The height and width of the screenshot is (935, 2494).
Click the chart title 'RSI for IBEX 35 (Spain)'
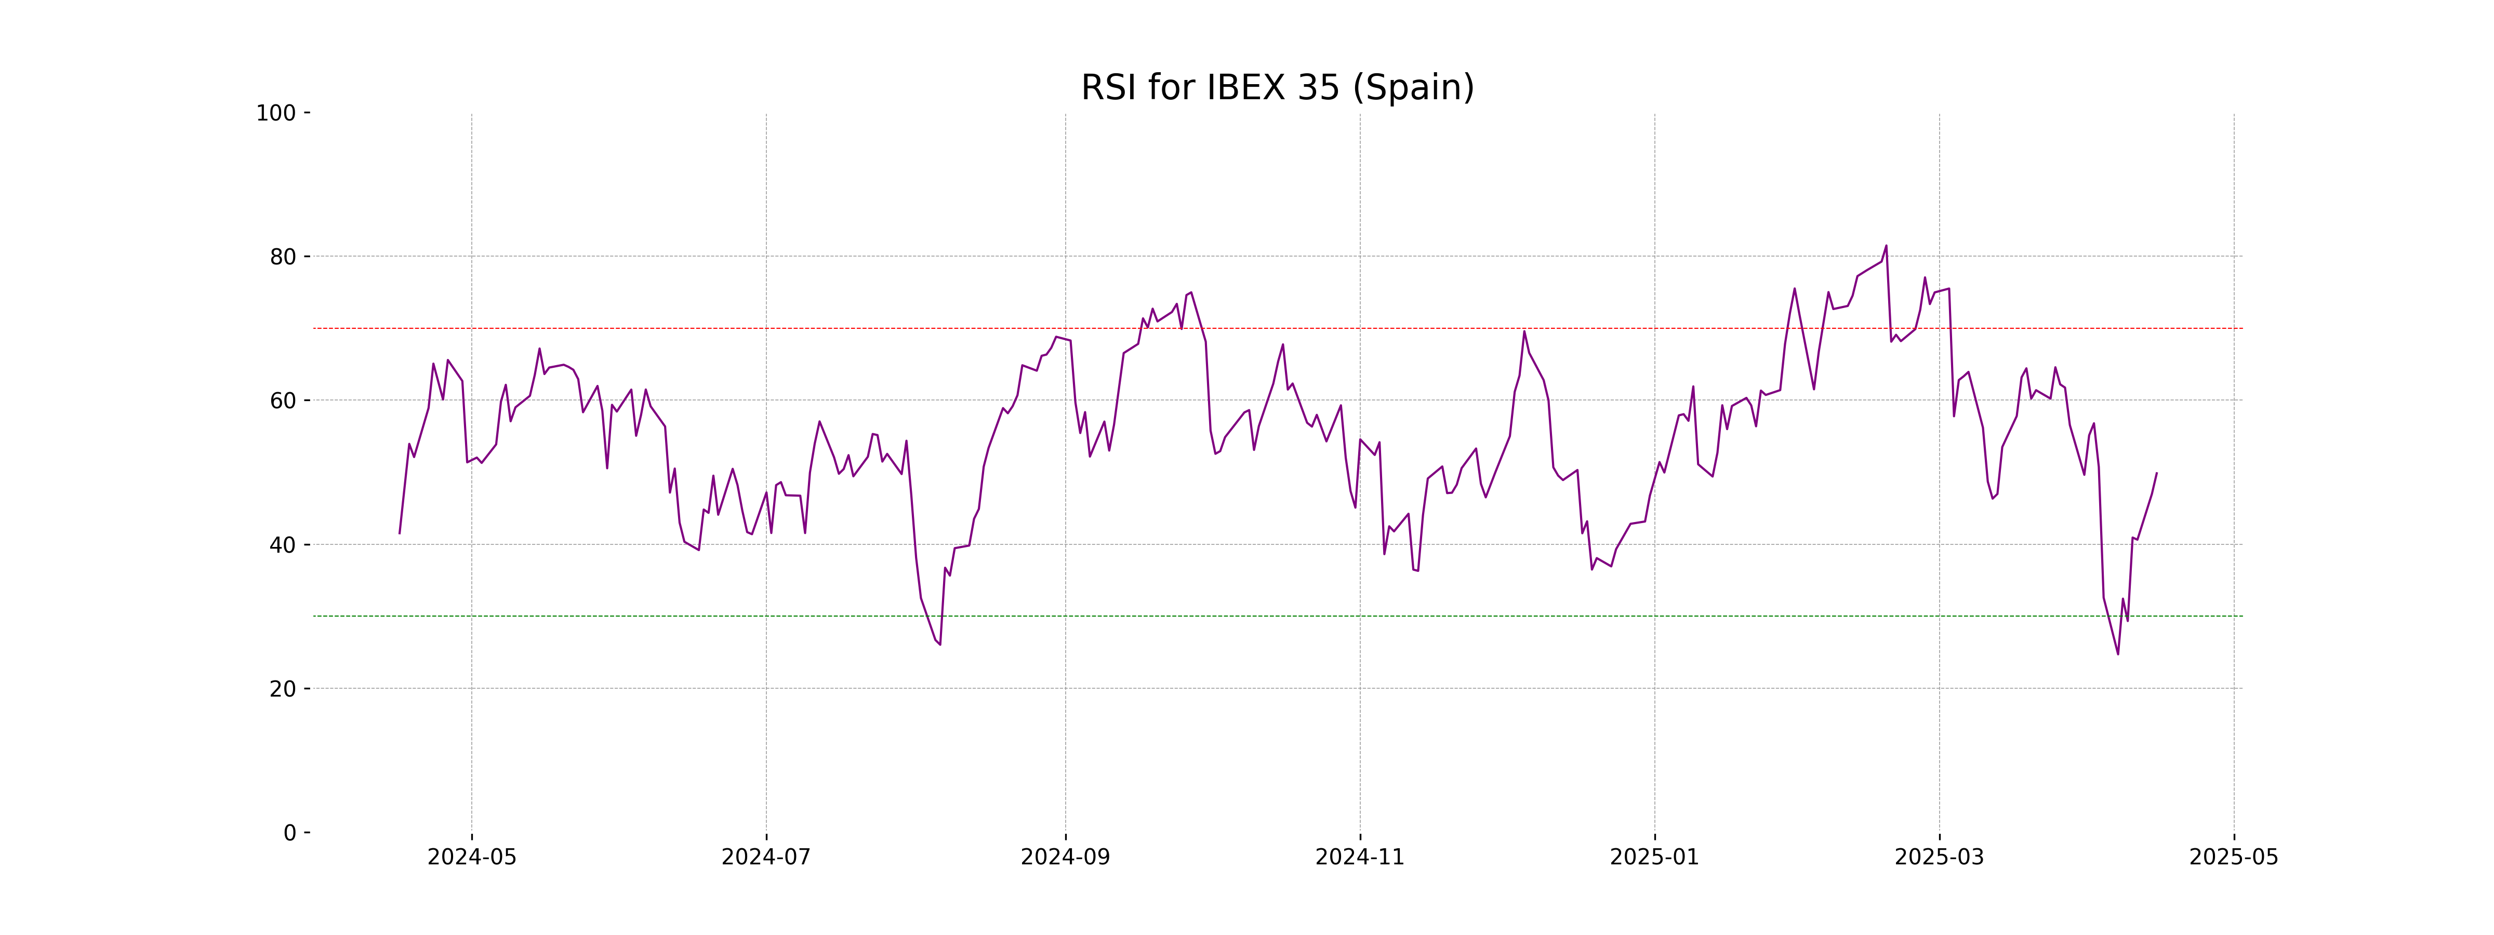coord(1277,88)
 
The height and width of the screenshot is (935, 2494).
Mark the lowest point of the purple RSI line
coord(2117,654)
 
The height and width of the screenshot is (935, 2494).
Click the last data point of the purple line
coord(2156,473)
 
